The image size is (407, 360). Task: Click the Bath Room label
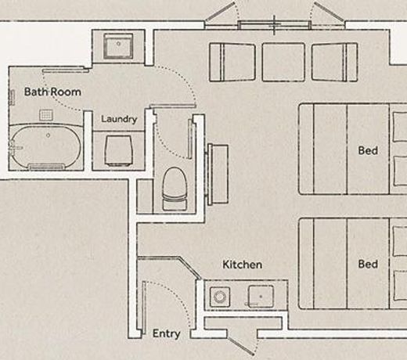52,92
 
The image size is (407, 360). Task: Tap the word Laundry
119,119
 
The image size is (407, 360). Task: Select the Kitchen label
243,265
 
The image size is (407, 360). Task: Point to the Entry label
166,333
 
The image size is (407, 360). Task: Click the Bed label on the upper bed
368,150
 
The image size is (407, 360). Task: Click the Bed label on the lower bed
368,264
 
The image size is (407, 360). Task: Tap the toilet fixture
175,189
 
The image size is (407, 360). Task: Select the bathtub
46,148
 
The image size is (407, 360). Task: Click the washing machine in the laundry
119,150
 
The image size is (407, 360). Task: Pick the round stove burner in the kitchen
220,297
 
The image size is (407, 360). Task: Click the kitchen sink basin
261,297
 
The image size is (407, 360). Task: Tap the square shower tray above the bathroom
118,45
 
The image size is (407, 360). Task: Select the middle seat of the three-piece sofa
283,63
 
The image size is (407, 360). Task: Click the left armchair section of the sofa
232,63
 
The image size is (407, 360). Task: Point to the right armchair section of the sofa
334,63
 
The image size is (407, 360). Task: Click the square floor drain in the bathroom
46,115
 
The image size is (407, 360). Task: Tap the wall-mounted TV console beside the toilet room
218,174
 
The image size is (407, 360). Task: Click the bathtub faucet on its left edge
13,148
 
